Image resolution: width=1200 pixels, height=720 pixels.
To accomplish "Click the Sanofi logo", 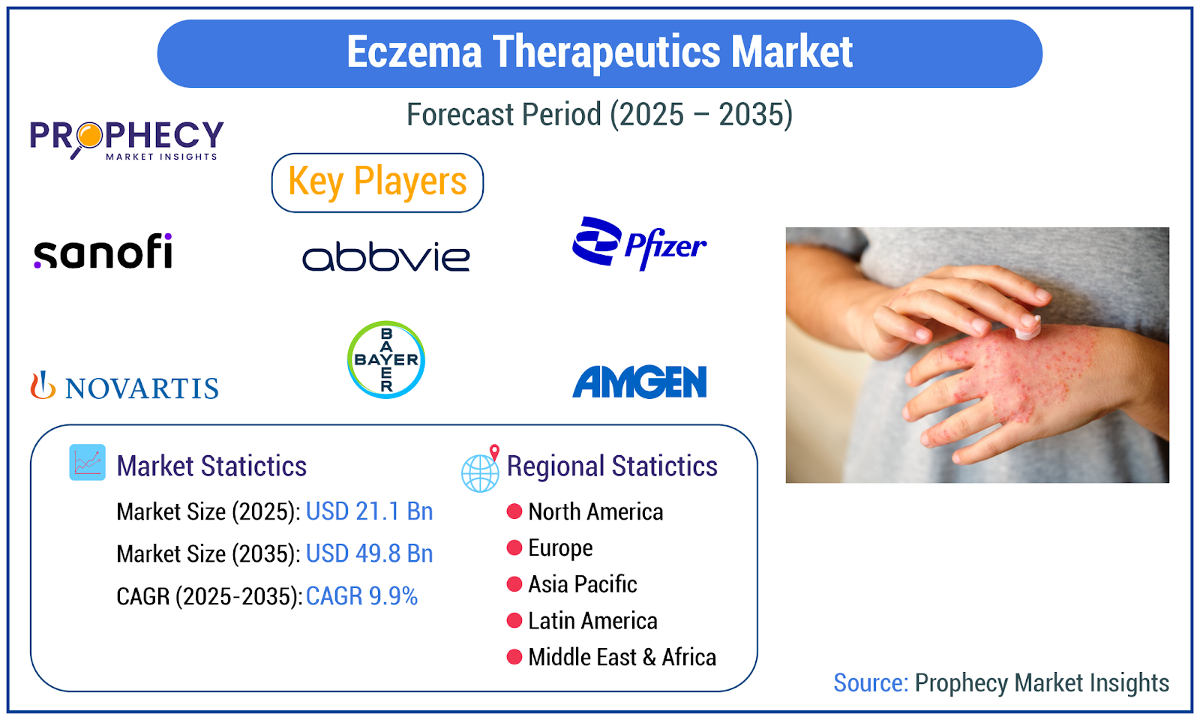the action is [x=103, y=250].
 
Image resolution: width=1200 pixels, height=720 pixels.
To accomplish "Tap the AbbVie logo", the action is [x=385, y=256].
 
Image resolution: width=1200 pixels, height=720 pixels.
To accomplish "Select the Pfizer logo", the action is [x=639, y=244].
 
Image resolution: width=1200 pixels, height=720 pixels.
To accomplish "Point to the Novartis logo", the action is [x=124, y=385].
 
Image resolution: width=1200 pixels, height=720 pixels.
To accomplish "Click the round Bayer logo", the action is [x=385, y=359].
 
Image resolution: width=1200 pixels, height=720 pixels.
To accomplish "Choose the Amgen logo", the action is [x=640, y=382].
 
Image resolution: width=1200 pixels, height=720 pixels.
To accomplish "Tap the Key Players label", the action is [x=377, y=182].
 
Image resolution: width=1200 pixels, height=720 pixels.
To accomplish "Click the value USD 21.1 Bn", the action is [x=369, y=511].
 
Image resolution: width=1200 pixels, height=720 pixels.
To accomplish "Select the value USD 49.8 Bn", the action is [x=369, y=553].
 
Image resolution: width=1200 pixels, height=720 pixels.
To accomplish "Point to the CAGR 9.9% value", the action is [x=361, y=596].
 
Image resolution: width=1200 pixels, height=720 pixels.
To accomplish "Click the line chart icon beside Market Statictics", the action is [x=87, y=462].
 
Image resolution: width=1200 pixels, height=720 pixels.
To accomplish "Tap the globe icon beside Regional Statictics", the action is [x=481, y=469].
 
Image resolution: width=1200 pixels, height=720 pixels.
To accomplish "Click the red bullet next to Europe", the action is [x=514, y=547].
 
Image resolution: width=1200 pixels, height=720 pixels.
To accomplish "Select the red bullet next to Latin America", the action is [x=514, y=620].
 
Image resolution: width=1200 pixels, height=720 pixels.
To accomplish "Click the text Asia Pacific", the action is [x=582, y=584].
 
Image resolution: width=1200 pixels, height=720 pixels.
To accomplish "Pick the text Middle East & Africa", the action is [x=622, y=657].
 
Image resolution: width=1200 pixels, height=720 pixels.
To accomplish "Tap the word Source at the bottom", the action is [x=871, y=682].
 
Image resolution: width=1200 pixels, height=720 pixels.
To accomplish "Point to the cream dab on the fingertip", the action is [x=1027, y=328].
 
